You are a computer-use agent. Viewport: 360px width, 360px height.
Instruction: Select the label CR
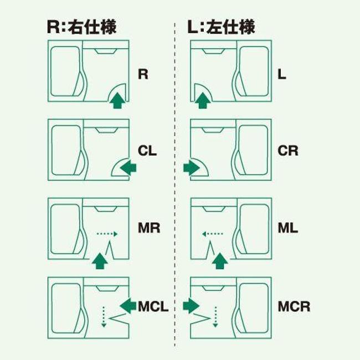coord(288,151)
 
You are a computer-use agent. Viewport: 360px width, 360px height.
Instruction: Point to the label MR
coord(148,228)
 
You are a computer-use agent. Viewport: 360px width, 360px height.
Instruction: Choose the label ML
coord(287,228)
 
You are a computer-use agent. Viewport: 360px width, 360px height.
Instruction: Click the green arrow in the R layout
coord(116,101)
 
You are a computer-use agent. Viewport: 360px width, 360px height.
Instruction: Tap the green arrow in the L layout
coord(203,101)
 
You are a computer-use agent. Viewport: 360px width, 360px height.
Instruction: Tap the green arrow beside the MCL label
coord(128,304)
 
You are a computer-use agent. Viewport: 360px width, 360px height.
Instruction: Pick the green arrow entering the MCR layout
coord(191,304)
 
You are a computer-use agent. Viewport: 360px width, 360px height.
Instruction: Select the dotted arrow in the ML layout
coord(212,234)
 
